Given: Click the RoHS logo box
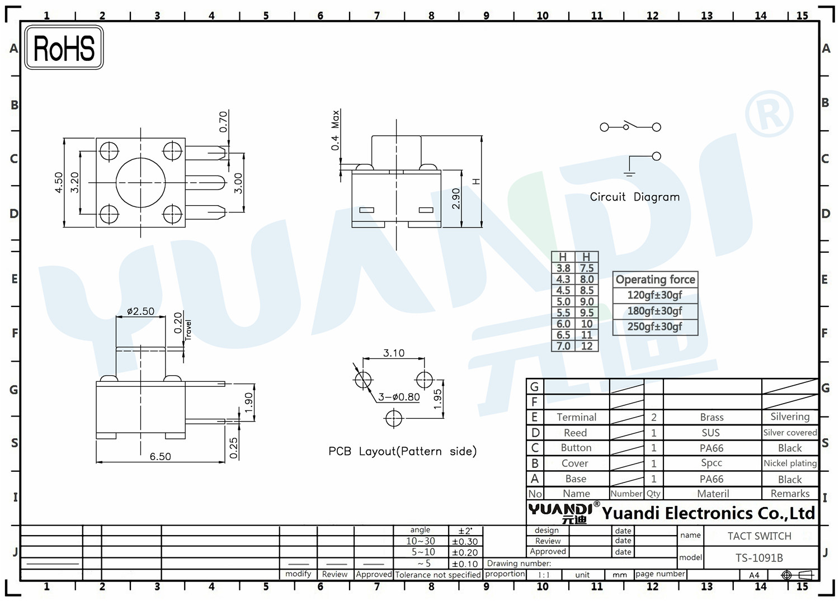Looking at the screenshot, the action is [x=64, y=48].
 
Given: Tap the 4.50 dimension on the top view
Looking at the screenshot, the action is [x=59, y=182].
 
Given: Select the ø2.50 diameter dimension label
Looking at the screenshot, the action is [x=140, y=311].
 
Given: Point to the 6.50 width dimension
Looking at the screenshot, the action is [x=161, y=456].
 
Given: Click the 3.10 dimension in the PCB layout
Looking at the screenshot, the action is [x=394, y=353].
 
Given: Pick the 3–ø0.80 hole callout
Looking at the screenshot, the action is [x=398, y=397].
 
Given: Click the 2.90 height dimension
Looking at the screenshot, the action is [x=456, y=198].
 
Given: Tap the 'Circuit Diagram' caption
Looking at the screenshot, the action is [x=634, y=197].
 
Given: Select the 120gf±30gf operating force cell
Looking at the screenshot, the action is [x=655, y=295].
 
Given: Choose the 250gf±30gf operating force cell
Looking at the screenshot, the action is [x=655, y=326].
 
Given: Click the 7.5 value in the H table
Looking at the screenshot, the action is [x=587, y=268].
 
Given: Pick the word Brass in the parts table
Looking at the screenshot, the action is [x=711, y=417].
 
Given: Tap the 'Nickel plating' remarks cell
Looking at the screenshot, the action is [x=790, y=463].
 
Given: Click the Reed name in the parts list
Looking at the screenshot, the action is [x=576, y=433].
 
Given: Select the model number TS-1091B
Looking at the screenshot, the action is [x=759, y=558].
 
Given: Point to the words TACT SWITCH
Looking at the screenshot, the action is [x=759, y=536].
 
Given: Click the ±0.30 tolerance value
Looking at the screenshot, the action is [x=465, y=542].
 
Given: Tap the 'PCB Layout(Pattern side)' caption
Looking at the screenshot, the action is [x=403, y=451].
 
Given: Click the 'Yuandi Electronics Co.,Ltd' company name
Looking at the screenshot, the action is [x=708, y=513].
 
